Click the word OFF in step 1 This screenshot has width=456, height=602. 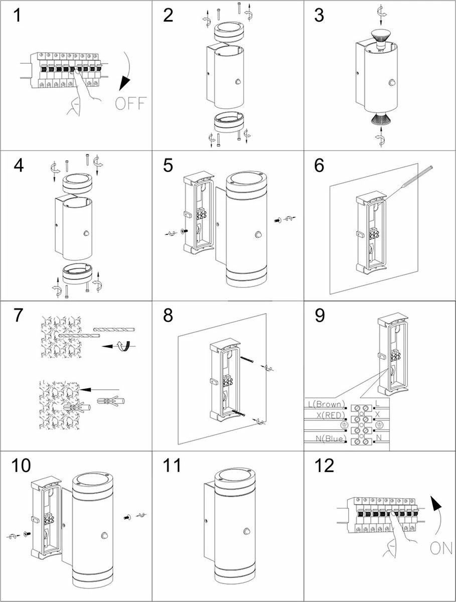click(129, 104)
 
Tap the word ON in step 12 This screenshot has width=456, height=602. click(441, 548)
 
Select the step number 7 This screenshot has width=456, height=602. click(18, 316)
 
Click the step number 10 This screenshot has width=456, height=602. click(21, 466)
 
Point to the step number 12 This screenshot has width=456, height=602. click(325, 466)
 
